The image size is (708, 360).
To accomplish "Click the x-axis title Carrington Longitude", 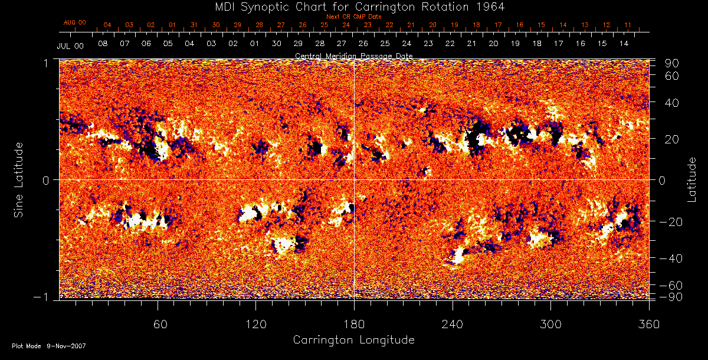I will (x=353, y=340).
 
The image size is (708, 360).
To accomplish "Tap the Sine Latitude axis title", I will (x=19, y=179).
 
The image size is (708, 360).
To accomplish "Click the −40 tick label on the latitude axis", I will (x=672, y=258).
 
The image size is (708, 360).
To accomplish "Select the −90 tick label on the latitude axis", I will (x=672, y=296).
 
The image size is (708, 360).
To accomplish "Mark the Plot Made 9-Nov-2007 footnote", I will (x=49, y=346).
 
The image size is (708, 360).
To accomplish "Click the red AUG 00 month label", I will (x=74, y=22).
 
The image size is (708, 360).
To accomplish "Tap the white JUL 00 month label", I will (x=68, y=45).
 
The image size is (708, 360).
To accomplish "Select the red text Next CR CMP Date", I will (x=354, y=17).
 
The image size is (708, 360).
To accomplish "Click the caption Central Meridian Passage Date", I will (x=353, y=55).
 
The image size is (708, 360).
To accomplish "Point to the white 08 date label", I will (x=103, y=44).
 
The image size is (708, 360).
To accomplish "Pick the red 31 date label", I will (x=194, y=25).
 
